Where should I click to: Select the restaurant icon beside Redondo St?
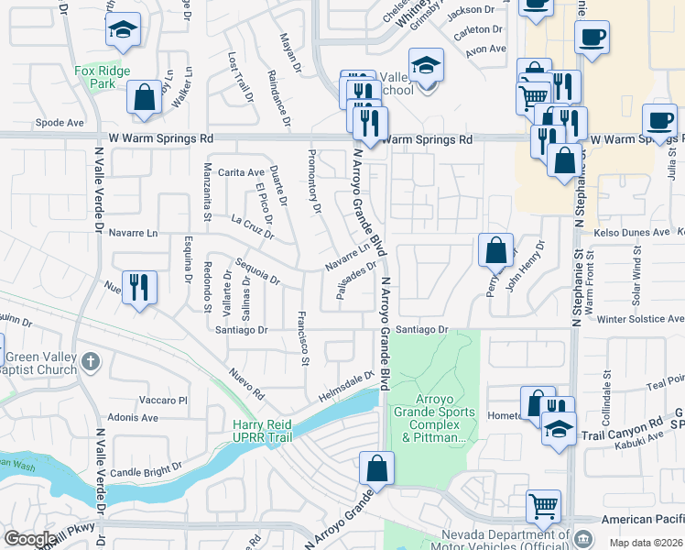click(138, 287)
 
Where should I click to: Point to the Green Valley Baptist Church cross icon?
click(90, 362)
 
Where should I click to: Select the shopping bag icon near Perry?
click(495, 249)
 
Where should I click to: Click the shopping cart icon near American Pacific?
click(543, 505)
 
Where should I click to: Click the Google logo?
click(29, 538)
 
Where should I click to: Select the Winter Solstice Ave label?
click(640, 319)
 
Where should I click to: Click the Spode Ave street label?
click(59, 123)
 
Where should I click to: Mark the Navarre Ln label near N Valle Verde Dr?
click(133, 233)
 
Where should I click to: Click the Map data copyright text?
click(646, 543)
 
